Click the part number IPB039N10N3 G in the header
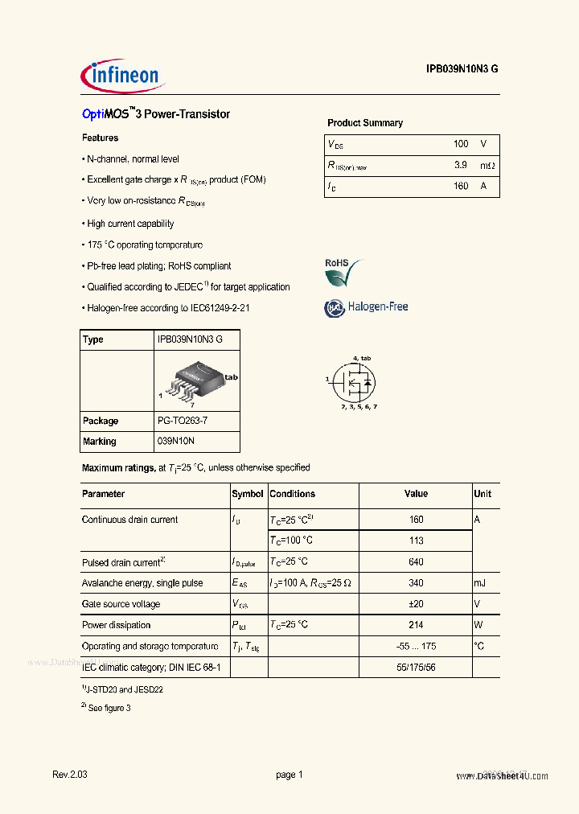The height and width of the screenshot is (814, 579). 462,70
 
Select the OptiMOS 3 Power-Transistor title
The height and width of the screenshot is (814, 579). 156,114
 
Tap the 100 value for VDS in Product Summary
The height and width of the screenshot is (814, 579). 460,144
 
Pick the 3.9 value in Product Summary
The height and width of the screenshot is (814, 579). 460,165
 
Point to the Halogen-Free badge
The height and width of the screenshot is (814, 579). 366,307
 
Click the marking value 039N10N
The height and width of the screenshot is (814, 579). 176,442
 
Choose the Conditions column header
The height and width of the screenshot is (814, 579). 293,494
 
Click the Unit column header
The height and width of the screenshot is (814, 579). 482,494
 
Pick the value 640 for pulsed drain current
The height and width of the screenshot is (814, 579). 416,562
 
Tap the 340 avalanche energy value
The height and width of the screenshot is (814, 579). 416,583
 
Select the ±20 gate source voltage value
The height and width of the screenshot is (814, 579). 416,604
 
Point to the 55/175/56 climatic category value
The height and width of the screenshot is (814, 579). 416,668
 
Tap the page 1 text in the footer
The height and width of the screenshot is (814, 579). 289,775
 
